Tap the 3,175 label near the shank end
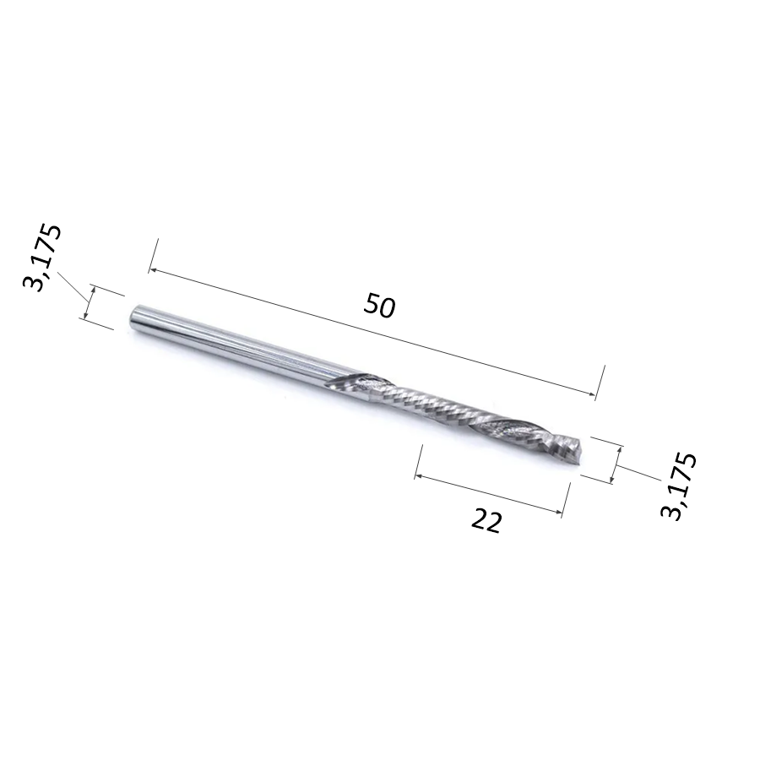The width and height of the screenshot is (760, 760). click(x=43, y=257)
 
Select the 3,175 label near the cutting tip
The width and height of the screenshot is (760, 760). click(x=679, y=486)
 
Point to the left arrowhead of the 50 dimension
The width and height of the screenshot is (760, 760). click(x=152, y=270)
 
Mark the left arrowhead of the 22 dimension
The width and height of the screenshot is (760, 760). click(x=418, y=477)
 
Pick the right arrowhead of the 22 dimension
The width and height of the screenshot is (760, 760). click(x=559, y=511)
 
